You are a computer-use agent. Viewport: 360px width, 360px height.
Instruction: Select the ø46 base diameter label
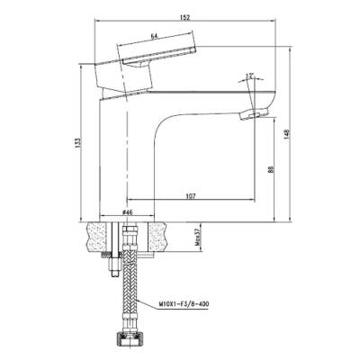pyautogui.click(x=129, y=212)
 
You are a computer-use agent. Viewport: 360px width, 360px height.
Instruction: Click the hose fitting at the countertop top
pyautogui.click(x=129, y=227)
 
